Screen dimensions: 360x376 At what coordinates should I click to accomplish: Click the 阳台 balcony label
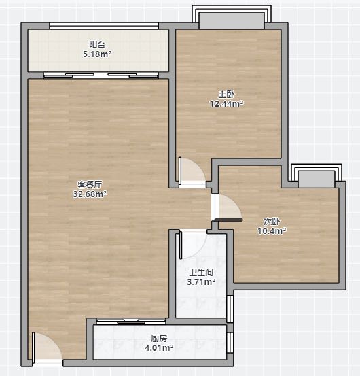click(x=97, y=45)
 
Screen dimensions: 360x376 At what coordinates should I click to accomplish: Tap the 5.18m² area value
click(x=97, y=54)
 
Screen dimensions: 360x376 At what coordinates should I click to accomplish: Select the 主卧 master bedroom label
click(x=226, y=95)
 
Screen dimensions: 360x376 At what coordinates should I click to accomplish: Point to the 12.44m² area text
click(x=227, y=104)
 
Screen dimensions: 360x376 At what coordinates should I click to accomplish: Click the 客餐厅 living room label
click(x=90, y=184)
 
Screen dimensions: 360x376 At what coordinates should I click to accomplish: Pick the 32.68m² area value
click(x=90, y=194)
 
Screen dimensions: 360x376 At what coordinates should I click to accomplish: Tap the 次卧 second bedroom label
click(x=272, y=222)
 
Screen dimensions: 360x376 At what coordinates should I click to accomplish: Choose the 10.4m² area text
click(x=272, y=231)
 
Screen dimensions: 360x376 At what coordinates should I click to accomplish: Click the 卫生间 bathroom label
click(x=201, y=273)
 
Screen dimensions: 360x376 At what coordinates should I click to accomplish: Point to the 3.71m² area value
click(x=201, y=282)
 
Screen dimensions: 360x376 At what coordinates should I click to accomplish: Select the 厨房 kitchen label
click(x=159, y=339)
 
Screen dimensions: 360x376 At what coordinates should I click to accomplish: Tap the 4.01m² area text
click(x=159, y=347)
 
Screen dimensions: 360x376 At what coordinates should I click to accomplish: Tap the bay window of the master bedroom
click(x=232, y=17)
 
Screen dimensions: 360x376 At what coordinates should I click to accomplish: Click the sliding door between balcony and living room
click(x=101, y=75)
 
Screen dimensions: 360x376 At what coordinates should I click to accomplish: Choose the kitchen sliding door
click(x=131, y=322)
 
